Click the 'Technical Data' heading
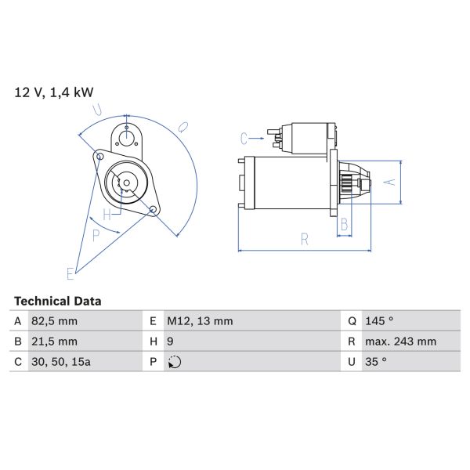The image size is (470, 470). click(58, 301)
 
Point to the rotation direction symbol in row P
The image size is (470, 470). click(174, 362)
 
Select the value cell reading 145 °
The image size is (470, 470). click(381, 321)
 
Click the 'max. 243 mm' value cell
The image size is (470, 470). click(402, 342)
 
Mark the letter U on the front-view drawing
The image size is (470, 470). click(97, 110)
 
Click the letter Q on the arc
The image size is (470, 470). click(182, 125)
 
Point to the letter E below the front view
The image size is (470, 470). click(70, 273)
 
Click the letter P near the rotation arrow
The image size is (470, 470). click(96, 233)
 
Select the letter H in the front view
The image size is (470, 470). click(107, 213)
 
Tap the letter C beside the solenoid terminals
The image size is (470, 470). click(244, 139)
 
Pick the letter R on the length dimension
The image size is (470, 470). click(304, 240)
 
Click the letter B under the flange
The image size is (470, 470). click(344, 225)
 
